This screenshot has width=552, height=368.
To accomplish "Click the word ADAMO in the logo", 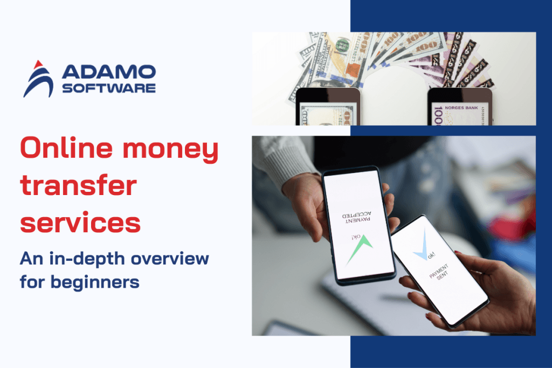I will click(x=109, y=72).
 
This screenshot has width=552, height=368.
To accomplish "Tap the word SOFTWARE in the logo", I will click(x=109, y=87).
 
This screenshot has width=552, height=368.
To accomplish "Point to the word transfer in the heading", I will click(x=79, y=186).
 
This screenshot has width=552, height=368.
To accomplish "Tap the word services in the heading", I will click(x=80, y=222).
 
